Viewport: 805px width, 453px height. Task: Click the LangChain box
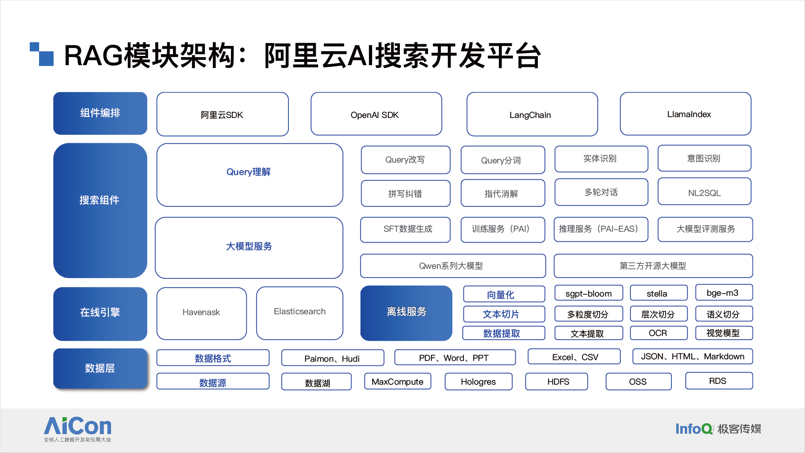click(x=532, y=114)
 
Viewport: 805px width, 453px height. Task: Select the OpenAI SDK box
click(x=376, y=114)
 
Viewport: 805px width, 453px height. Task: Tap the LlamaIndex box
click(x=686, y=114)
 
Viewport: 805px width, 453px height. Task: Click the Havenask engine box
click(x=202, y=313)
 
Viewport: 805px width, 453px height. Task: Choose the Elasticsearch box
click(x=300, y=313)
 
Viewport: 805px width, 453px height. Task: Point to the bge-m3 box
click(x=724, y=292)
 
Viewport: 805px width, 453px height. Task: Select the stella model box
click(x=659, y=293)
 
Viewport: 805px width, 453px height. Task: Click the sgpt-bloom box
click(x=589, y=293)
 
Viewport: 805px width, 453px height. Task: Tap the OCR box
click(x=659, y=333)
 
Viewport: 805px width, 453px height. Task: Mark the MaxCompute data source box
click(x=397, y=381)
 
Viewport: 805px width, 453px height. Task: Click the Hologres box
click(x=478, y=381)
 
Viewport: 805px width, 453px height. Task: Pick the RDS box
click(x=719, y=381)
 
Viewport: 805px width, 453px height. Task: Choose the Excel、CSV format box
click(x=574, y=356)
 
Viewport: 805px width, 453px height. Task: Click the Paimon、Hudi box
click(x=333, y=358)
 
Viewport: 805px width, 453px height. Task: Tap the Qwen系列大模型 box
click(x=453, y=266)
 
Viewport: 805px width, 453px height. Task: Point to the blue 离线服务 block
click(x=406, y=313)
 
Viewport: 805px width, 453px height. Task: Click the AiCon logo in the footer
click(x=78, y=429)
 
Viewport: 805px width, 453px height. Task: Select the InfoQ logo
click(x=694, y=429)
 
